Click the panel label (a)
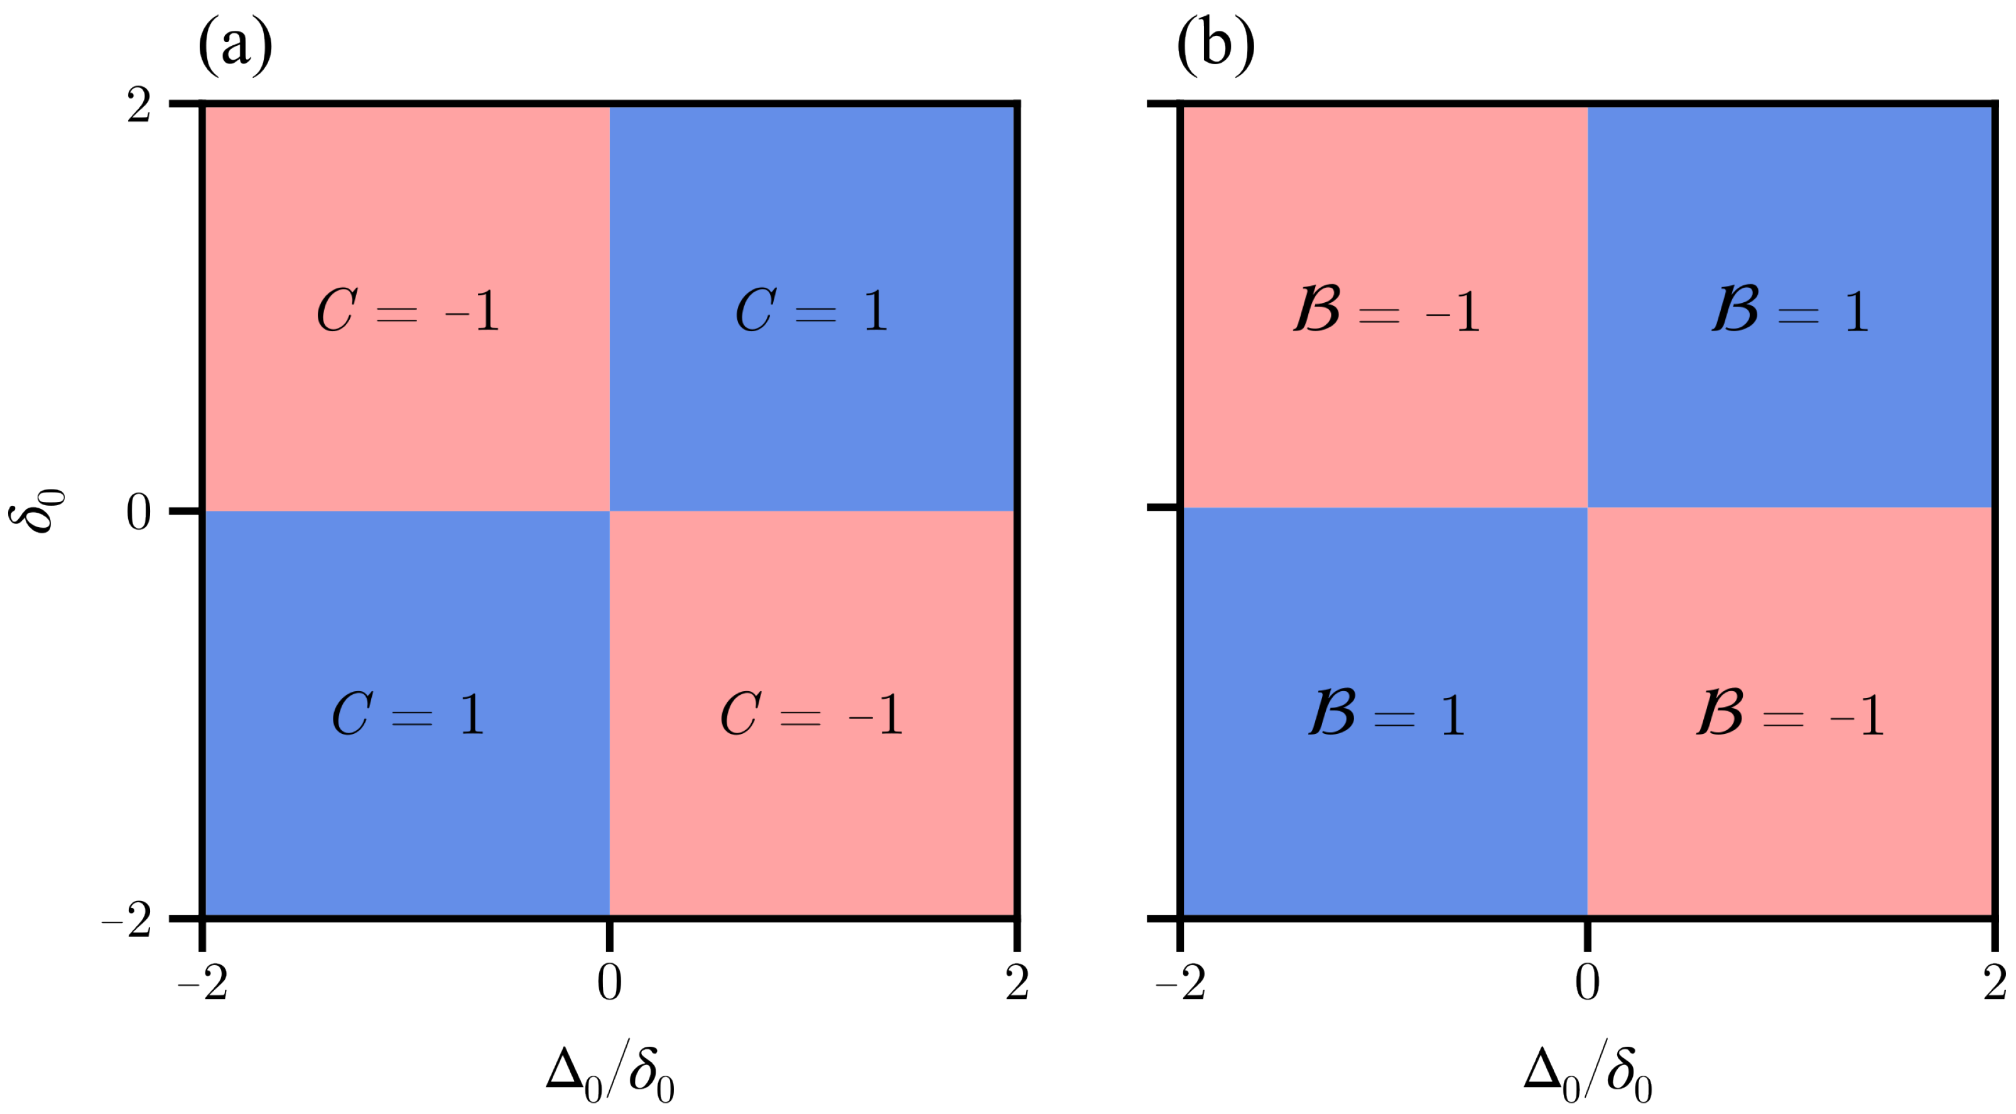tap(236, 45)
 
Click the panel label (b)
tap(1215, 45)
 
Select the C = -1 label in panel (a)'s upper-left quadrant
tap(408, 311)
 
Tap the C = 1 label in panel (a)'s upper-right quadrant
tap(812, 311)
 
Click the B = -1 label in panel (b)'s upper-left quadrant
tap(1386, 311)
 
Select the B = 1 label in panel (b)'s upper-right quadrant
tap(1791, 311)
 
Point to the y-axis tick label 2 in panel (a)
tap(139, 106)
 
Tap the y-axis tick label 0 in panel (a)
tap(139, 513)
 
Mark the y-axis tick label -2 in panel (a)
tap(127, 920)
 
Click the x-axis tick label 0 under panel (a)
tap(610, 983)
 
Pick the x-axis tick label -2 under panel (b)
tap(1181, 983)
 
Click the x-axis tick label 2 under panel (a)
tap(1017, 983)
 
